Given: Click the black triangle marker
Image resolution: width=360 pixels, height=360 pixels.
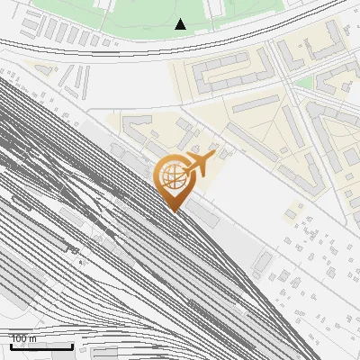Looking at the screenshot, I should point(181,24).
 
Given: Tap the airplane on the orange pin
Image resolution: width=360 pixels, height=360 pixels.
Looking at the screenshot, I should point(197,164).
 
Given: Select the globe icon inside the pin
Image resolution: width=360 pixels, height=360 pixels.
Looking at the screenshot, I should point(173,179).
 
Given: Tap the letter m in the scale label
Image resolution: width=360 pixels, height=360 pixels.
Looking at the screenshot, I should point(34,338).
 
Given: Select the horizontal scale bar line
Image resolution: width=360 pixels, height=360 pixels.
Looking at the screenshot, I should point(41,346).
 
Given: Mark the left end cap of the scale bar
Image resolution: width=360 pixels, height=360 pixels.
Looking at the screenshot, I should point(11,345).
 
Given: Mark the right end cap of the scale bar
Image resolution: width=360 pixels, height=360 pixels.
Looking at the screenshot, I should point(73,345).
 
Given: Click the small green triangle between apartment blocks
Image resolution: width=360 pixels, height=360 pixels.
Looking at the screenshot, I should point(303,82).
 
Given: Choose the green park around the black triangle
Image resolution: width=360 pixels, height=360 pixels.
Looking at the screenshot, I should point(135,13).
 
